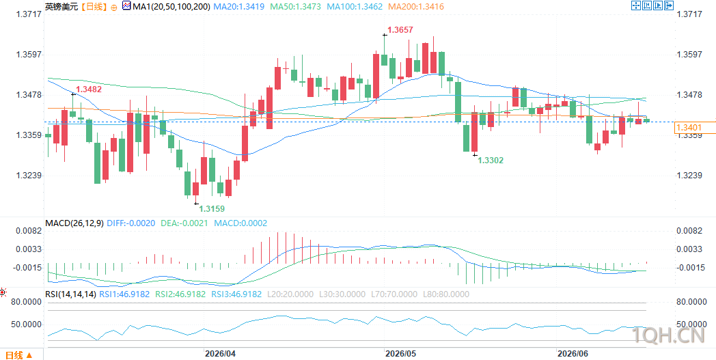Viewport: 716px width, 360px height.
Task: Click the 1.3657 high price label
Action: coord(400,31)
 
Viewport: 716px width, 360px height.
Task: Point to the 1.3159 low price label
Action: coord(212,208)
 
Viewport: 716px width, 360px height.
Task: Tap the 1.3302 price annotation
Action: coord(491,161)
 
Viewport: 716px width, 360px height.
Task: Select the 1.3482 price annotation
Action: coord(89,89)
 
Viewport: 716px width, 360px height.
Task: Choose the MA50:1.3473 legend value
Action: coord(295,7)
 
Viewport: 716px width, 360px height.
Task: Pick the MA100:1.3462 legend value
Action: coord(353,7)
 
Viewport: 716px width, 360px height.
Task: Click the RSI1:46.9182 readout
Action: coord(124,294)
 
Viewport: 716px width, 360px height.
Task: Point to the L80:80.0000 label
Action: coord(445,294)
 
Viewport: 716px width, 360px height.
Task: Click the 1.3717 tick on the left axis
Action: coord(29,14)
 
